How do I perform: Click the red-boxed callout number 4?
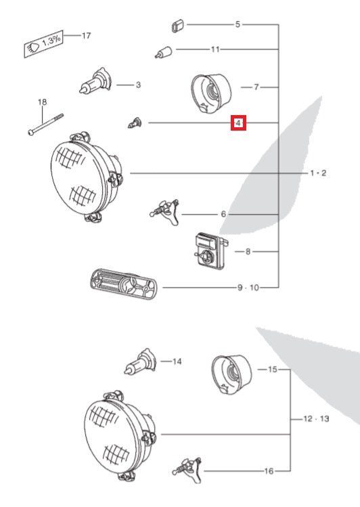[238, 123]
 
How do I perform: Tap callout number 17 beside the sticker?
[87, 35]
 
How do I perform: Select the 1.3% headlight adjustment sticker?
[43, 44]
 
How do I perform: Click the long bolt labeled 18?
[45, 125]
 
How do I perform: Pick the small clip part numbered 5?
[177, 26]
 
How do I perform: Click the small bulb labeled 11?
[163, 52]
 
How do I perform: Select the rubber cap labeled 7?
[211, 94]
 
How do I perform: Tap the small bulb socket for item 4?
[135, 123]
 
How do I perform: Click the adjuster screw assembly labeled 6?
[165, 212]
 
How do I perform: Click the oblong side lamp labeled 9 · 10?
[123, 284]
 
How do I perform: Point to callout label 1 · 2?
[318, 173]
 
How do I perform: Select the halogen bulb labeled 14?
[140, 362]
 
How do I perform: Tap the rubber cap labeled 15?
[231, 374]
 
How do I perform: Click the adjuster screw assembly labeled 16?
[187, 470]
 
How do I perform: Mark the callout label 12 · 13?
[316, 419]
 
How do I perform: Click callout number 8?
[248, 252]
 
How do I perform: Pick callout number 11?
[215, 49]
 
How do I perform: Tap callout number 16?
[269, 471]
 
